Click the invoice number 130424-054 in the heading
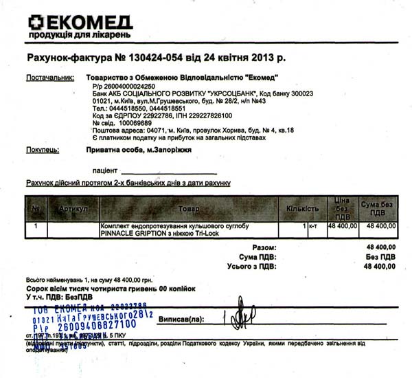(158, 57)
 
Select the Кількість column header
(302, 208)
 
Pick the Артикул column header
(73, 208)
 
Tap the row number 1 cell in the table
(36, 225)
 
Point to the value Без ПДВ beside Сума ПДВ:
(381, 256)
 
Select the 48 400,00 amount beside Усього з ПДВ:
(378, 266)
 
